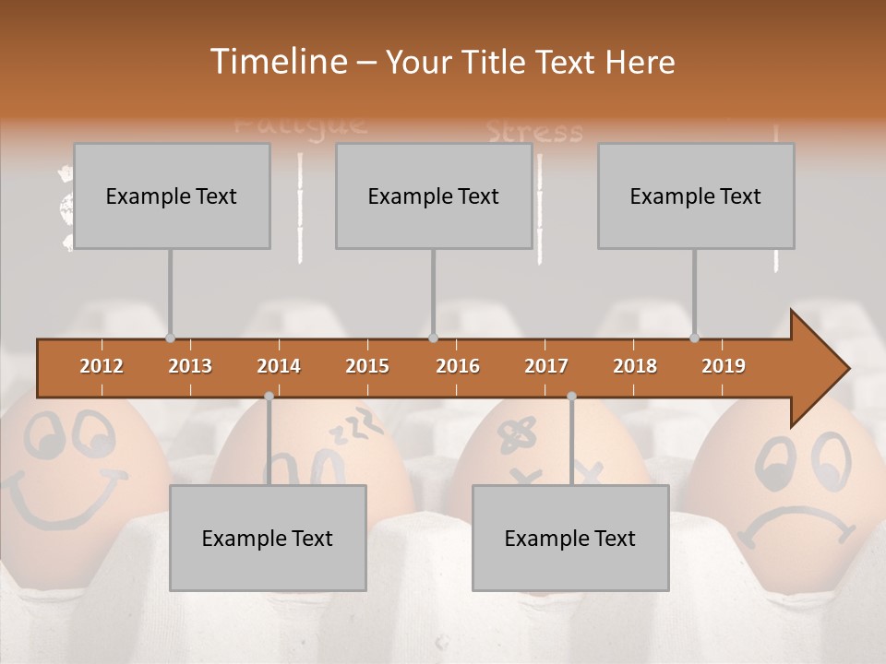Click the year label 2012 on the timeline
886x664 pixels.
click(102, 366)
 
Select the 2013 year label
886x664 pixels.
click(190, 366)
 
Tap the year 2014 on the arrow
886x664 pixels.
click(279, 366)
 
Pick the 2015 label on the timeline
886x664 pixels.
click(367, 366)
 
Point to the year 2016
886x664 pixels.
click(458, 366)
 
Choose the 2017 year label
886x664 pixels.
click(546, 366)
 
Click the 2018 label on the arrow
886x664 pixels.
click(635, 366)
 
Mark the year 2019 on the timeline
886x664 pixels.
click(724, 366)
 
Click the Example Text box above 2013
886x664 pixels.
click(172, 196)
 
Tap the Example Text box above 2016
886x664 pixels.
click(434, 196)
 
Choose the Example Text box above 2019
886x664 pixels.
click(696, 196)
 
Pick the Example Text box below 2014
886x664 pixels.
click(268, 538)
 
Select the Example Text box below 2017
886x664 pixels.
click(570, 538)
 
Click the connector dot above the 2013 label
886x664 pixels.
click(170, 338)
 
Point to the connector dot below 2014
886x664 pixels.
click(269, 396)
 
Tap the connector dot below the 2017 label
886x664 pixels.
click(571, 396)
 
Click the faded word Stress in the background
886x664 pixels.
click(534, 132)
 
